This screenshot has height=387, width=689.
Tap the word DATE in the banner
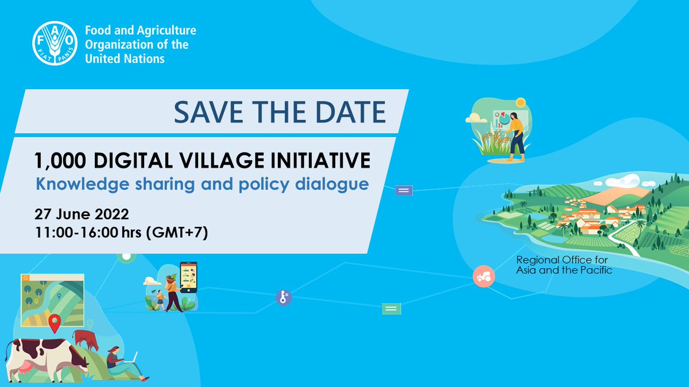(x=351, y=112)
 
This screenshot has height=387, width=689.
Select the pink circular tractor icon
(x=483, y=276)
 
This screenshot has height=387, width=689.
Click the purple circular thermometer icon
(x=283, y=297)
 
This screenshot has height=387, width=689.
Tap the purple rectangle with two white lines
(x=404, y=190)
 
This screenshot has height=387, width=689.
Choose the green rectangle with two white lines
(x=391, y=309)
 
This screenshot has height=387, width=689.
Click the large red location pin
(x=55, y=323)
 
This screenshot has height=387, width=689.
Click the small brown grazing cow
(x=86, y=339)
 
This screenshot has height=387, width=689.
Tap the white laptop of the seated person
(x=131, y=358)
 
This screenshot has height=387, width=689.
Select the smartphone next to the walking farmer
(x=188, y=277)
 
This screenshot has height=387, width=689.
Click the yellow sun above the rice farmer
(x=520, y=103)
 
